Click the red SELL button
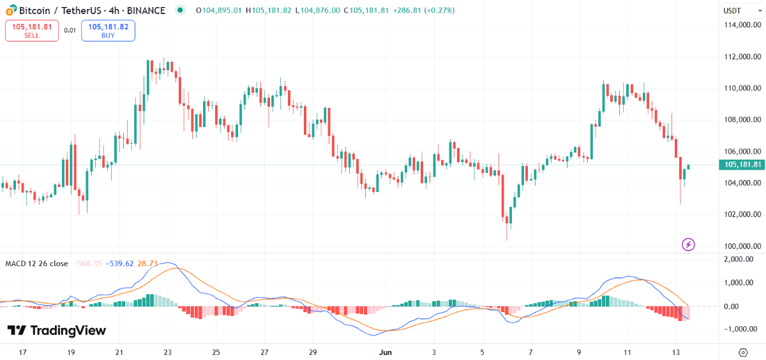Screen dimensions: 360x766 [32, 31]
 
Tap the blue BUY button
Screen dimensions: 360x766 [108, 31]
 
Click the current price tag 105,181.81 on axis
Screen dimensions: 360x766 [741, 165]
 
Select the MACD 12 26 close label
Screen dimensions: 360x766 [37, 263]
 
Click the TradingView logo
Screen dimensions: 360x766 [56, 330]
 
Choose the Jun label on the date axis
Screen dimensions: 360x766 [385, 352]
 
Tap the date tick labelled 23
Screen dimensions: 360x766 [167, 352]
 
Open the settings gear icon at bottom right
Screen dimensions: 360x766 [743, 352]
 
